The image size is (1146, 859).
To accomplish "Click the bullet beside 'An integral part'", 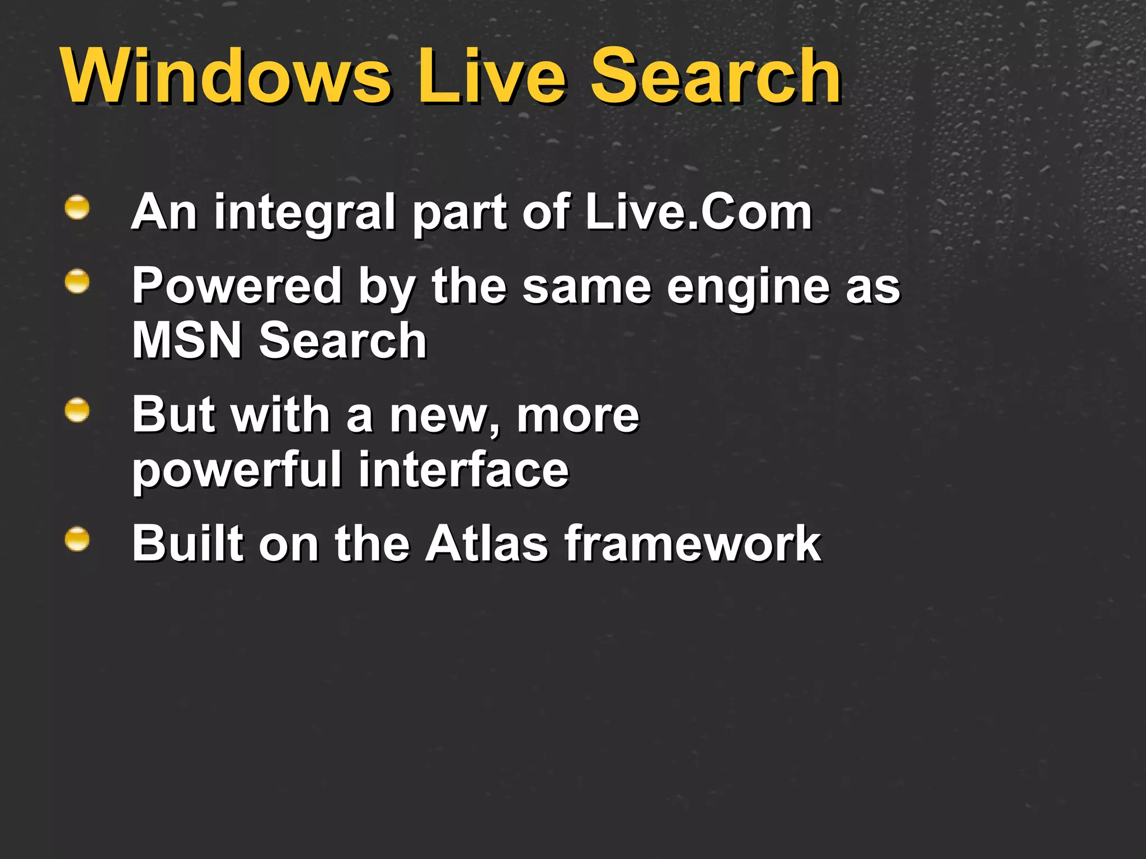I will click(77, 207).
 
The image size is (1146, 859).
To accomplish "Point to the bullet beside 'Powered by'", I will click(77, 282).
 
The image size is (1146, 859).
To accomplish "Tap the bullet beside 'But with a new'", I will click(77, 410).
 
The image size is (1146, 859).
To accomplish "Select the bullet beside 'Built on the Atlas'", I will click(77, 539).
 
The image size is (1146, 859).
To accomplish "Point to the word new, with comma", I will click(445, 417).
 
